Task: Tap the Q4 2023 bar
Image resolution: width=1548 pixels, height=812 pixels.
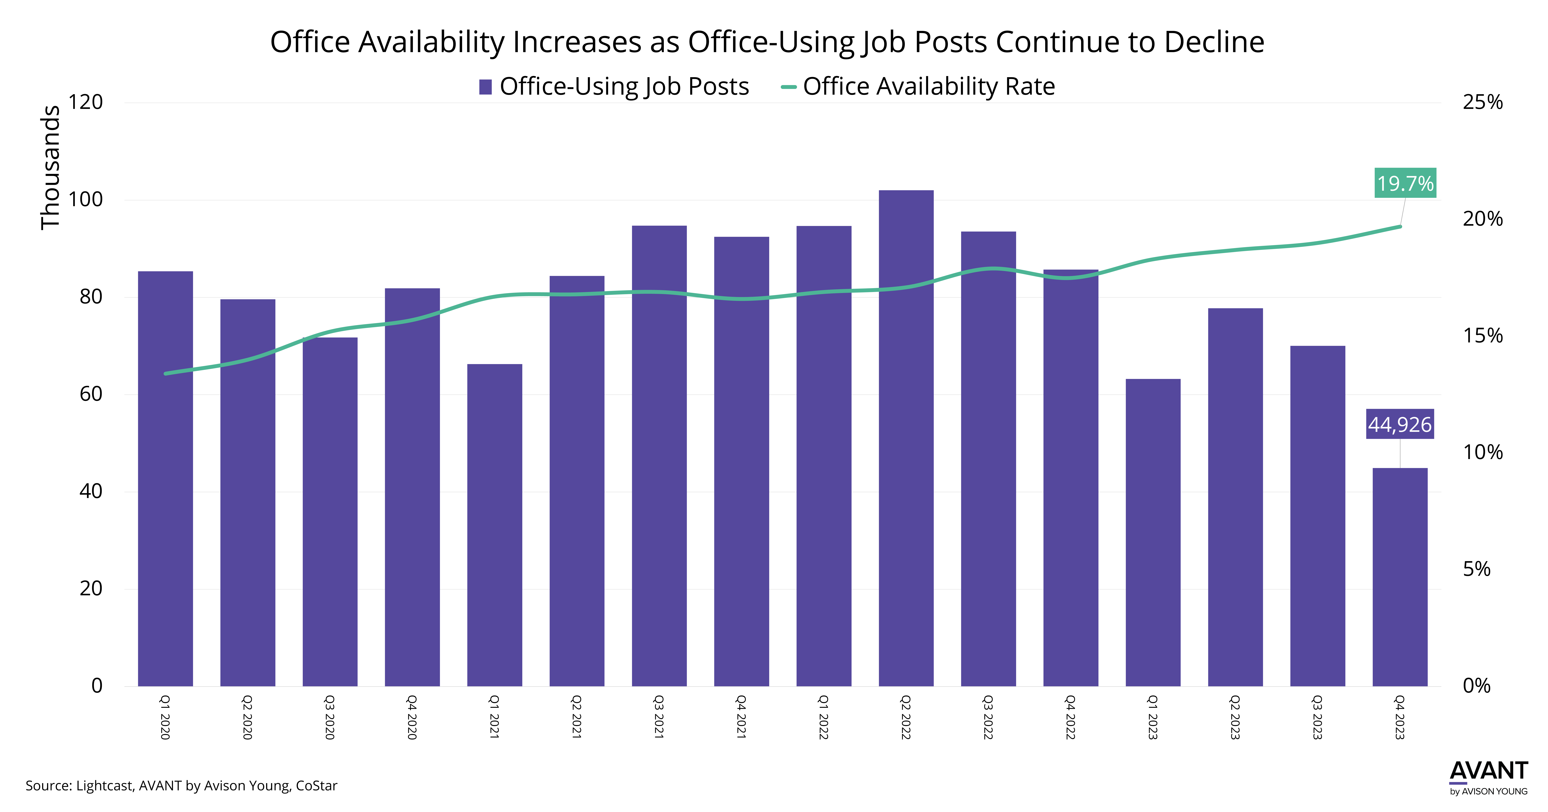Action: pyautogui.click(x=1400, y=577)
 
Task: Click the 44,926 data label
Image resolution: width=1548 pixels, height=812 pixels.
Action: pyautogui.click(x=1400, y=424)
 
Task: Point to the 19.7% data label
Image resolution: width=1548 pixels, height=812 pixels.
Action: pyautogui.click(x=1406, y=183)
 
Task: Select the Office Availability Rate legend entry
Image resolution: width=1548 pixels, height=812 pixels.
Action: pyautogui.click(x=918, y=86)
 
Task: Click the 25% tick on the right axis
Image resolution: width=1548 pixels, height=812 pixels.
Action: pyautogui.click(x=1483, y=102)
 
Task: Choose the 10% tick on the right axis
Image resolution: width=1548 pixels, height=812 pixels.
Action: pyautogui.click(x=1483, y=452)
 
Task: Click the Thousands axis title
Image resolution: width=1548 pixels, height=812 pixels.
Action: pyautogui.click(x=51, y=168)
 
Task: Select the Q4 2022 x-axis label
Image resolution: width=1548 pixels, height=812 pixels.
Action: pyautogui.click(x=1071, y=717)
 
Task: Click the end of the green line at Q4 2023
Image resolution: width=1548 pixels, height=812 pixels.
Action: pyautogui.click(x=1400, y=226)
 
